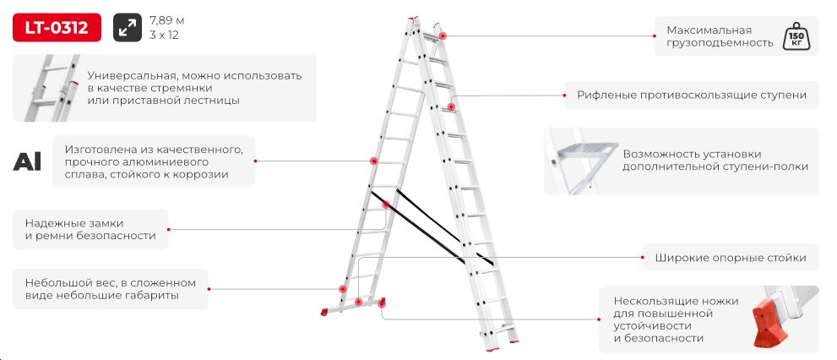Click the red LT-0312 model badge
tap(57, 27)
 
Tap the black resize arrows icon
tap(128, 27)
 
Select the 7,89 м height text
tap(167, 21)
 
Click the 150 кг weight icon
tap(796, 36)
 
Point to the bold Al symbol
tap(27, 161)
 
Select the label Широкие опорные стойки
tap(731, 258)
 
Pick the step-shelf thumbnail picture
tap(582, 161)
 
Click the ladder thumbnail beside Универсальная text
tap(52, 88)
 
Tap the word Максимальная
tap(709, 30)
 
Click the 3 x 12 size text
tap(165, 35)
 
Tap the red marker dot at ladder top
tap(443, 35)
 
